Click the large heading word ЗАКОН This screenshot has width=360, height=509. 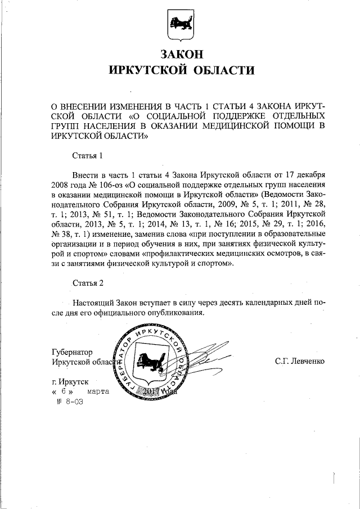coord(180,55)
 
